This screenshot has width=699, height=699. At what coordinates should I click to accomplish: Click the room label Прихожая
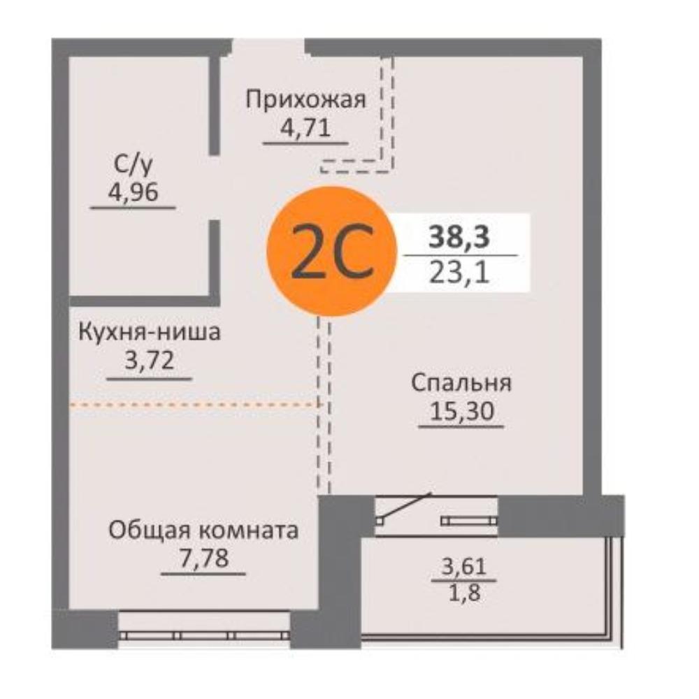coord(306,100)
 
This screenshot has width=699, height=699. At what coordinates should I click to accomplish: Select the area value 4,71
coord(305,128)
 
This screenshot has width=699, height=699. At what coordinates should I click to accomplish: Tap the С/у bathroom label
coord(133,165)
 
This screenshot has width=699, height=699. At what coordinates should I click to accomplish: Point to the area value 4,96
coord(133,193)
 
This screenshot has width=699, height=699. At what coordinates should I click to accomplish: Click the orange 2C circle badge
coord(331,252)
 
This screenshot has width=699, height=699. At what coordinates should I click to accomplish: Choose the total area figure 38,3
coord(459,237)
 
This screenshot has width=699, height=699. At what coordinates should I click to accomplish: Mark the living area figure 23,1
coord(459,273)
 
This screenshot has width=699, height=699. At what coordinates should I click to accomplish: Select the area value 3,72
coord(149,360)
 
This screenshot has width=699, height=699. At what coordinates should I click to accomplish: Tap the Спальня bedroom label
coord(461,383)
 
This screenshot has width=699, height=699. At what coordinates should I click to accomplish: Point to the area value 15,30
coord(461,410)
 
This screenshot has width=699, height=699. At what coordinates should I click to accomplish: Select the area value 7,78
coord(203,558)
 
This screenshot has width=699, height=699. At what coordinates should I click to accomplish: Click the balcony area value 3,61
coord(463,567)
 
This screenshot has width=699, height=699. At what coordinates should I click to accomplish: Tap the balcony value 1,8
coord(464,593)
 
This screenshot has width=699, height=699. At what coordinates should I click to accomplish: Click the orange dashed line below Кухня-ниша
coord(194,405)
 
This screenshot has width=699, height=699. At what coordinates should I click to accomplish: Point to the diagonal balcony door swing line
coord(405,506)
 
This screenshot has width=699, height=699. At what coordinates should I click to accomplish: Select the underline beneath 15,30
coord(461,426)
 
